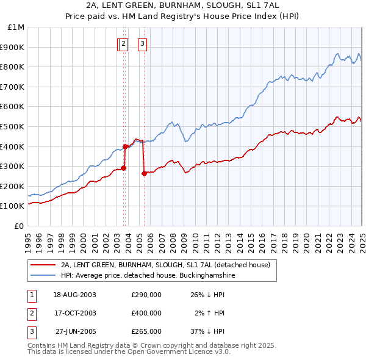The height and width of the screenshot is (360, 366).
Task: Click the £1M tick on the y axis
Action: pyautogui.click(x=16, y=27)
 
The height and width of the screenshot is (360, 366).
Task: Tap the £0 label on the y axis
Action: pyautogui.click(x=19, y=226)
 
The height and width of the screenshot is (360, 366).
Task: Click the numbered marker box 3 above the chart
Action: pyautogui.click(x=142, y=43)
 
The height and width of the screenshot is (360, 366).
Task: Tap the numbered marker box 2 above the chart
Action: pyautogui.click(x=123, y=43)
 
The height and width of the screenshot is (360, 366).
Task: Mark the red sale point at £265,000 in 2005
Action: pyautogui.click(x=144, y=173)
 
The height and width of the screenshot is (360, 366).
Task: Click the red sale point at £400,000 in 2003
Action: pyautogui.click(x=125, y=146)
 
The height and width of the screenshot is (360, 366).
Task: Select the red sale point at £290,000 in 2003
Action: pyautogui.click(x=123, y=168)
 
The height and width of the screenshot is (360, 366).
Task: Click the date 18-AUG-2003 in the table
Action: pyautogui.click(x=74, y=294)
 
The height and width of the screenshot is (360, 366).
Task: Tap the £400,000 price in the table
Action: pyautogui.click(x=146, y=313)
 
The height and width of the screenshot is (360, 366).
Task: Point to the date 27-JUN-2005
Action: pyautogui.click(x=74, y=332)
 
